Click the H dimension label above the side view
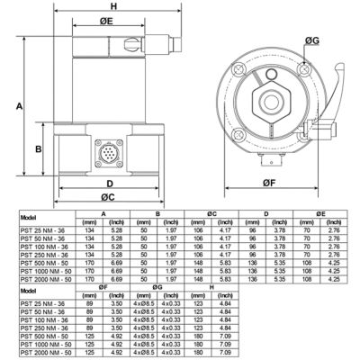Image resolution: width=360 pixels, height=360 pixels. click(x=113, y=6)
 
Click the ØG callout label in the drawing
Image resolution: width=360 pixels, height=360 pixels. click(x=310, y=40)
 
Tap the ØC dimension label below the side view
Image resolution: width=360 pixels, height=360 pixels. click(x=106, y=196)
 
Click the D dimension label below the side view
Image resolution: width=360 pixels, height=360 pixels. click(x=109, y=184)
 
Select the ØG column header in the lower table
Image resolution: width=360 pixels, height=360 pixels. click(x=157, y=287)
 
